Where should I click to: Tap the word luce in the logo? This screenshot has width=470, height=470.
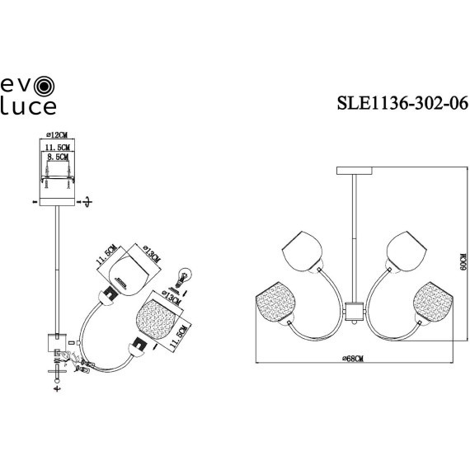click(x=29, y=106)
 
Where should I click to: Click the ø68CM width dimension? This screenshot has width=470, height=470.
click(x=353, y=356)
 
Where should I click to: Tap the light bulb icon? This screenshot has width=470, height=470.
click(x=185, y=275)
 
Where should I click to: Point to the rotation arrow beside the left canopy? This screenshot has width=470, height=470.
click(x=88, y=200)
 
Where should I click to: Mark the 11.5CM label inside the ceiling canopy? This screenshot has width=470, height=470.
click(x=54, y=146)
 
